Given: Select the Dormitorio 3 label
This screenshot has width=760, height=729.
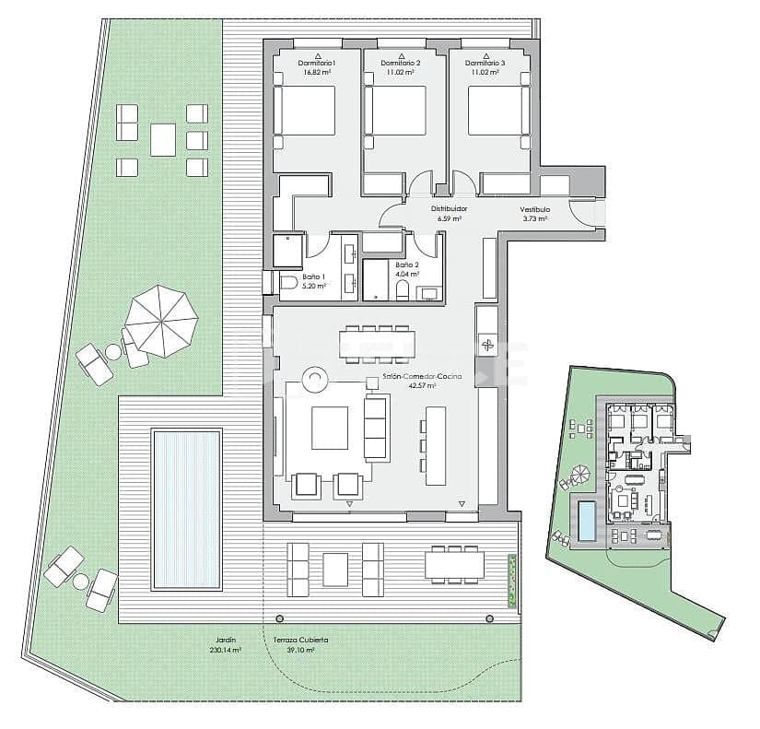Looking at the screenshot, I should (x=485, y=63).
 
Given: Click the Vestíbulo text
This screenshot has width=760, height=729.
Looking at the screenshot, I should (x=534, y=209).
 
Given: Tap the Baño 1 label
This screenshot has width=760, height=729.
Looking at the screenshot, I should (x=313, y=276).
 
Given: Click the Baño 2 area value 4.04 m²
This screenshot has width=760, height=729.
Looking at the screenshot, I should (x=407, y=274).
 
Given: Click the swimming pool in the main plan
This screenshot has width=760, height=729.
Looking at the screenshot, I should (x=187, y=510).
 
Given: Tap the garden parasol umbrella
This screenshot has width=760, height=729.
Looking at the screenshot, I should (x=160, y=319).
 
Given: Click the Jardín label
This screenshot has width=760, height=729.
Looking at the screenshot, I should (x=226, y=640).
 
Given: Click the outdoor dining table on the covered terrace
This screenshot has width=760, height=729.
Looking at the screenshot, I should (x=453, y=564).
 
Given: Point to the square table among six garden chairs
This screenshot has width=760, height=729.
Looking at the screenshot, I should (x=164, y=139).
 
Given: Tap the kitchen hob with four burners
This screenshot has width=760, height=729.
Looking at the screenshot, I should (x=486, y=347).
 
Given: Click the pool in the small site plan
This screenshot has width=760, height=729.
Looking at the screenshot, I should (x=586, y=522).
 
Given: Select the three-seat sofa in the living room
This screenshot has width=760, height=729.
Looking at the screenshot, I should (x=376, y=429).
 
